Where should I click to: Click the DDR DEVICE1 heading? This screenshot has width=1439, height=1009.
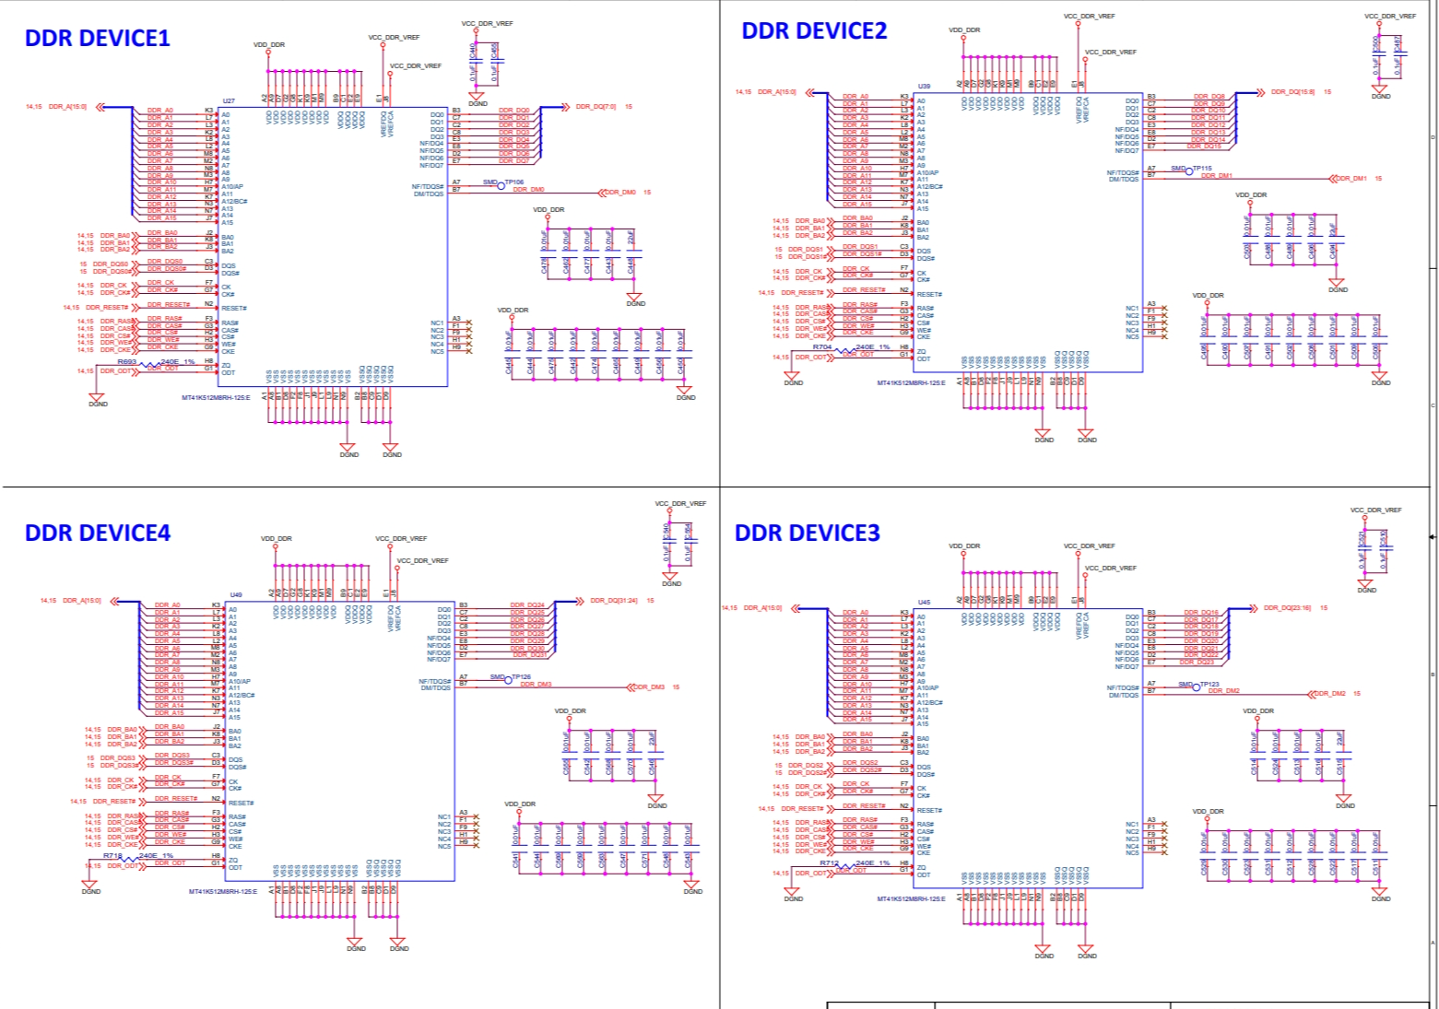pos(97,38)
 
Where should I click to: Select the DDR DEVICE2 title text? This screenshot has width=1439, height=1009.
pos(814,30)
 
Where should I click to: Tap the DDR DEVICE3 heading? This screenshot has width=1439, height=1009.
pos(807,533)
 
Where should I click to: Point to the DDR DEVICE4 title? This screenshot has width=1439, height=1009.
pos(97,533)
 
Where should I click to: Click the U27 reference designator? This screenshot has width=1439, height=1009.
pos(229,101)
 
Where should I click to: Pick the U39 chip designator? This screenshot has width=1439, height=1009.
pos(924,87)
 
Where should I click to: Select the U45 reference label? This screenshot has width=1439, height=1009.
pos(924,603)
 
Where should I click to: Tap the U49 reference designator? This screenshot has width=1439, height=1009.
pos(236,595)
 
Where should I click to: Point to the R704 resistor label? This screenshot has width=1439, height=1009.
pos(821,347)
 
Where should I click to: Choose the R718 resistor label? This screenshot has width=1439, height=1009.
pos(112,856)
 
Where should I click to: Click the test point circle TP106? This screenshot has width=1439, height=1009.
pos(501,185)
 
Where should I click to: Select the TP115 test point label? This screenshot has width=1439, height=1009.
pos(1202,169)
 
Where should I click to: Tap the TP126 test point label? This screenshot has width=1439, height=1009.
pos(521,677)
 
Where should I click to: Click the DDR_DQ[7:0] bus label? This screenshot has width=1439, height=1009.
pos(596,107)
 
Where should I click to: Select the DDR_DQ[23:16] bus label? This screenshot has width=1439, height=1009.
pos(1286,608)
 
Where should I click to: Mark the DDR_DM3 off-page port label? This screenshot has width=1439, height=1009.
pos(648,687)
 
